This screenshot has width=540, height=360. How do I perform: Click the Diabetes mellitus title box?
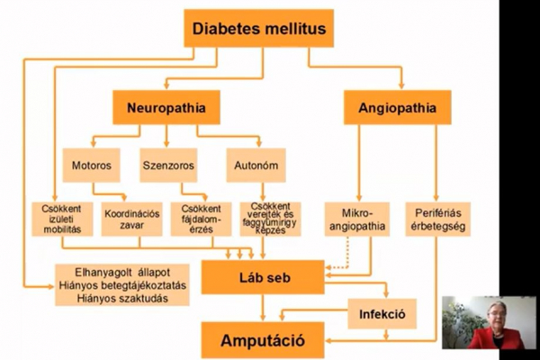click(259, 29)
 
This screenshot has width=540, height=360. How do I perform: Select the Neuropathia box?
click(166, 109)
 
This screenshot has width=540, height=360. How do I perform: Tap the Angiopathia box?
click(397, 109)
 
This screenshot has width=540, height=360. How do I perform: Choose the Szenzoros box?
click(168, 166)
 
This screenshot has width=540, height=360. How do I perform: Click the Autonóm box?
click(249, 166)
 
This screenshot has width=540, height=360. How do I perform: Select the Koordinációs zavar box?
click(131, 220)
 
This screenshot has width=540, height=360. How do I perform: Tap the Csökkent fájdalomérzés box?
click(201, 220)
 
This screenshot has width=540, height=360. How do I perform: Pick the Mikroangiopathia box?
click(357, 220)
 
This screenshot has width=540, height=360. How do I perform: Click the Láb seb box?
click(261, 277)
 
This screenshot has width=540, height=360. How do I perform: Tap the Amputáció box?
click(261, 341)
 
